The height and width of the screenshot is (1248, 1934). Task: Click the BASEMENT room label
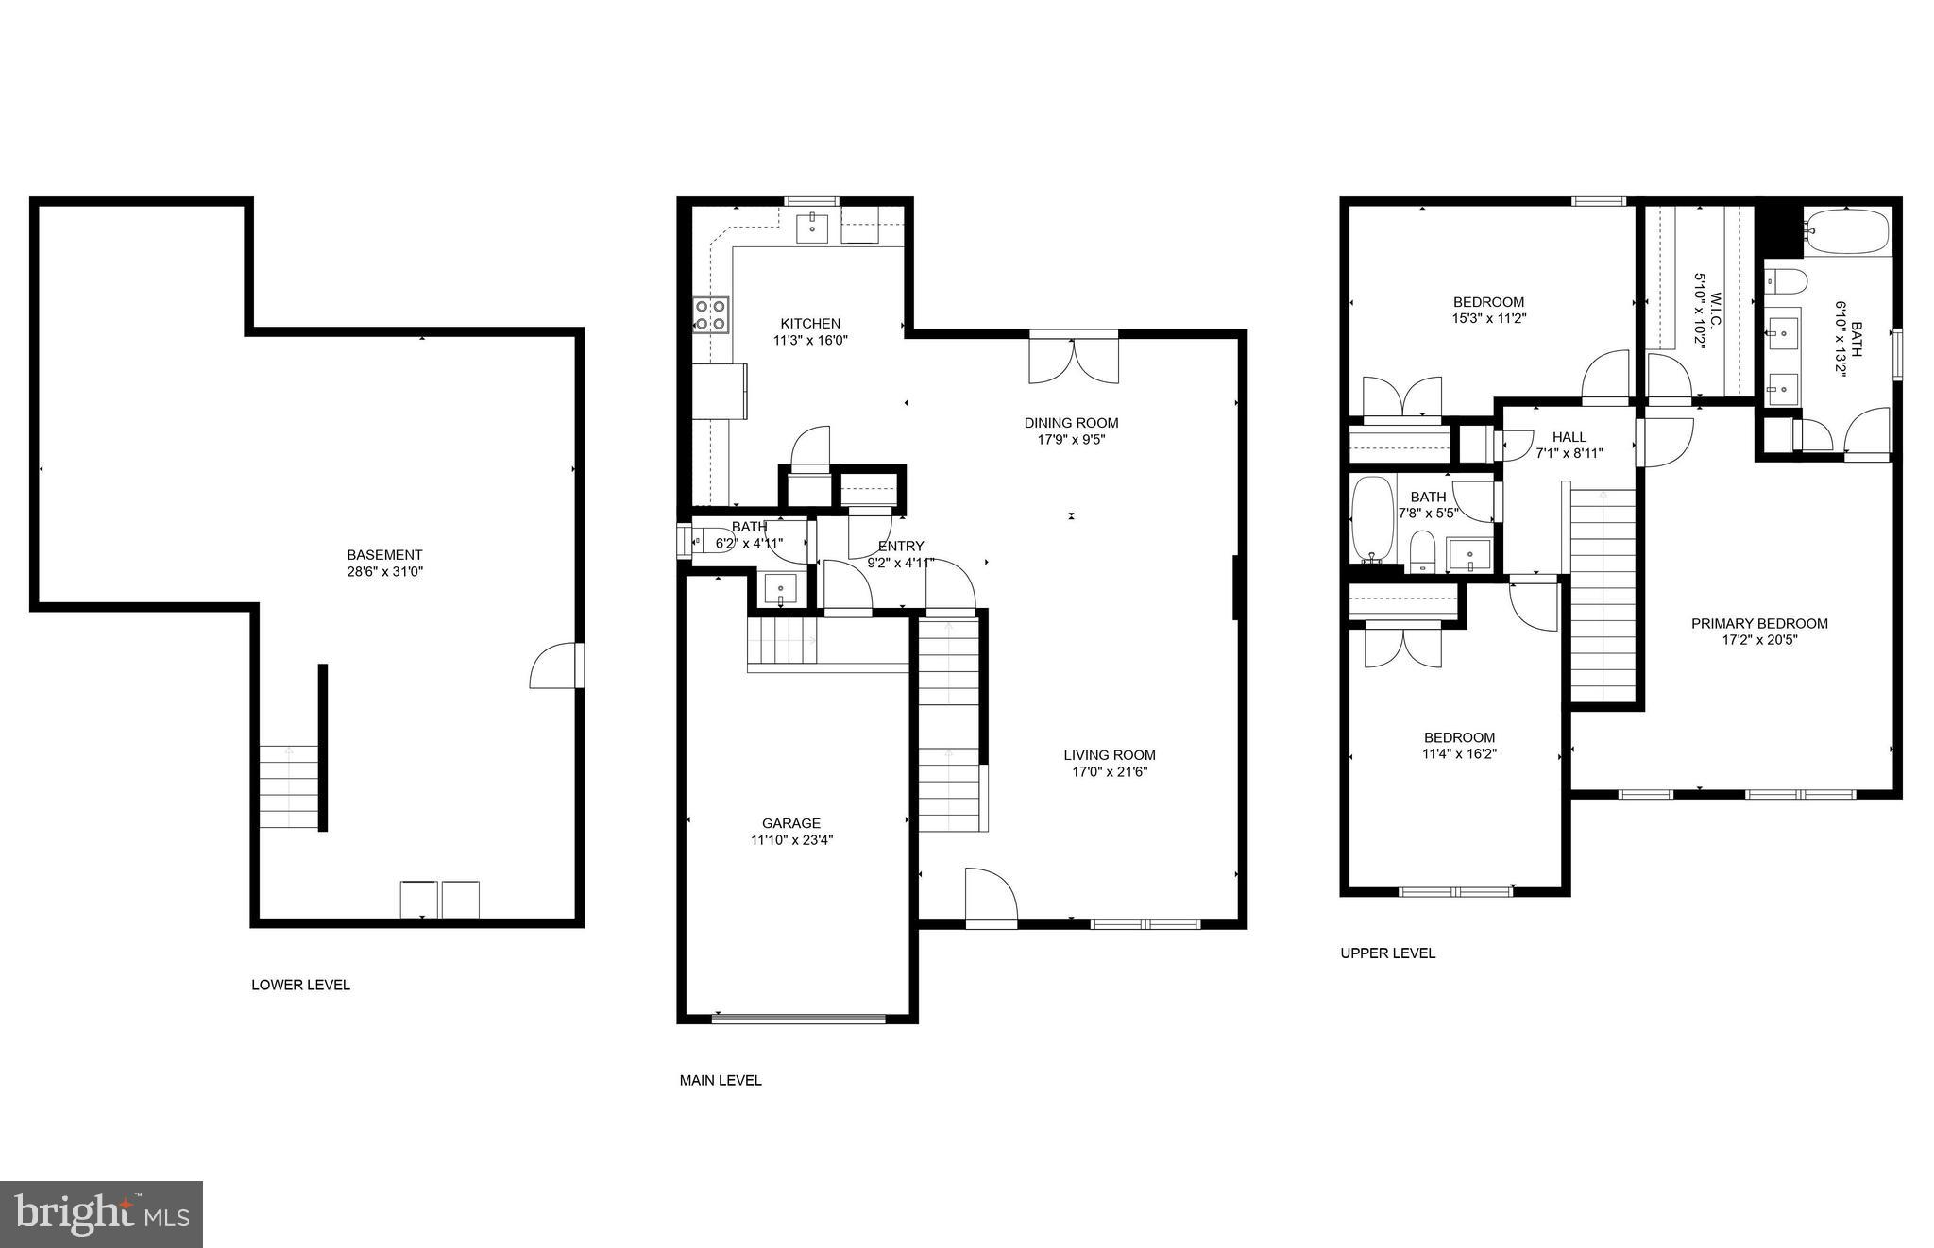pyautogui.click(x=384, y=555)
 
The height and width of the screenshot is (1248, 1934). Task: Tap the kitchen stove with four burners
pyautogui.click(x=710, y=315)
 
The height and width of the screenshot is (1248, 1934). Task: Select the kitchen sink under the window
pyautogui.click(x=812, y=228)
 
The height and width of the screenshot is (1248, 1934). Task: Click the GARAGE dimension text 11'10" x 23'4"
pyautogui.click(x=791, y=840)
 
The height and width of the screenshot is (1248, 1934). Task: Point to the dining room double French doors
pyautogui.click(x=1074, y=361)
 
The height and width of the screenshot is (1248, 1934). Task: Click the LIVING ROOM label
pyautogui.click(x=1110, y=755)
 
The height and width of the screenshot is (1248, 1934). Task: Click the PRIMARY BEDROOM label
pyautogui.click(x=1759, y=624)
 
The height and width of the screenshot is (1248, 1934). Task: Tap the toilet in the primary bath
pyautogui.click(x=1787, y=280)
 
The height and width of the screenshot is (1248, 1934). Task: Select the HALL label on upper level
pyautogui.click(x=1569, y=437)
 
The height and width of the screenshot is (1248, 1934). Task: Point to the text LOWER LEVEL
pyautogui.click(x=300, y=986)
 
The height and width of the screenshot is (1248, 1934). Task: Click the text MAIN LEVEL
pyautogui.click(x=721, y=1081)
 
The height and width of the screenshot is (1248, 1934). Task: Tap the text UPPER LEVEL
pyautogui.click(x=1387, y=953)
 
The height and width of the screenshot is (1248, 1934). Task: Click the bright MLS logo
pyautogui.click(x=101, y=1214)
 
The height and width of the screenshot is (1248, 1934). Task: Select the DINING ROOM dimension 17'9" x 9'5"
pyautogui.click(x=1071, y=440)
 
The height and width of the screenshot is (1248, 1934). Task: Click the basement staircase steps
pyautogui.click(x=289, y=786)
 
